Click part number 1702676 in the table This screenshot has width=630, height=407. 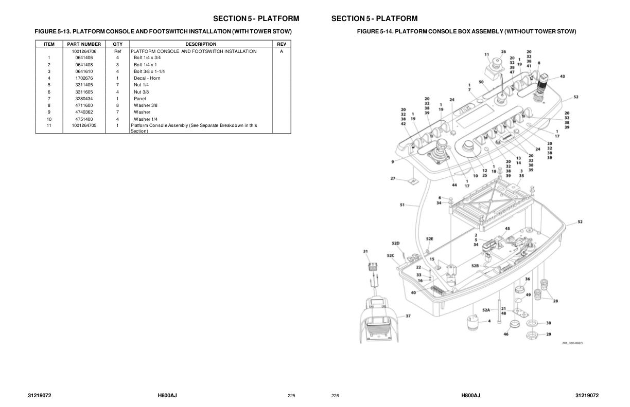pos(84,78)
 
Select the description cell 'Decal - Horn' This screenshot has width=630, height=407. pos(147,78)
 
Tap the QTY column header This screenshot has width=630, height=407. pos(117,44)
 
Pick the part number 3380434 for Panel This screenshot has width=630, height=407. pos(84,99)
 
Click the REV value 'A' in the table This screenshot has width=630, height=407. pos(281,51)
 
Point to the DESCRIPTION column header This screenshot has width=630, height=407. pos(201,44)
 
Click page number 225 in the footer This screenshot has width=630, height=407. pos(291,396)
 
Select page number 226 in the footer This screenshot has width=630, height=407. pos(335,396)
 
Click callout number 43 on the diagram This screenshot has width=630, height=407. pos(562,77)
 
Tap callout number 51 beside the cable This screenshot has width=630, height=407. pos(402,205)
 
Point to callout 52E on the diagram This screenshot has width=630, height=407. pos(430,239)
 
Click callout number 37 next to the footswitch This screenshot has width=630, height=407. pos(408,316)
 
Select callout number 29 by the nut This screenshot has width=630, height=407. pos(548,334)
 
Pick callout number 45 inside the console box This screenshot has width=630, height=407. pos(507,229)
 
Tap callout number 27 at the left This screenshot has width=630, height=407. pos(393,178)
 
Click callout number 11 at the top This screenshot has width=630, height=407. pos(486,54)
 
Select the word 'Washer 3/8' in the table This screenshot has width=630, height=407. pos(146,105)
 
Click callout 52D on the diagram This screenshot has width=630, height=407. pos(395,243)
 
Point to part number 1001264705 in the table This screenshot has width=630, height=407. pos(84,125)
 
